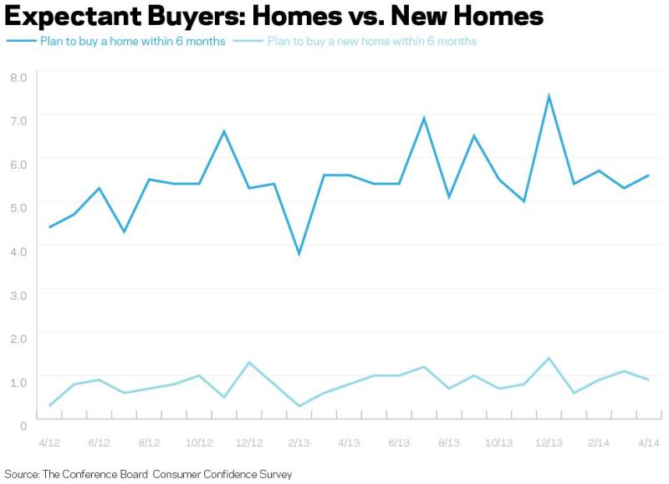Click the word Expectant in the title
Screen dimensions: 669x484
pos(73,17)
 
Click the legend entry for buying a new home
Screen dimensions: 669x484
pos(355,41)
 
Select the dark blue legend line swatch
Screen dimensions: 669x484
pos(21,41)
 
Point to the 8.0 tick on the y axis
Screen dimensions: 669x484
pos(18,78)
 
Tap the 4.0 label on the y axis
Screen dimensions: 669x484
pos(18,251)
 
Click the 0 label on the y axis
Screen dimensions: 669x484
pos(23,425)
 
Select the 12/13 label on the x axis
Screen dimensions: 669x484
pos(549,443)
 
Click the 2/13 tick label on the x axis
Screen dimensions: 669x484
pos(299,443)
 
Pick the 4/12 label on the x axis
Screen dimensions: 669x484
pos(49,443)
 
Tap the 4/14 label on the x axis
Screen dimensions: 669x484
pos(649,443)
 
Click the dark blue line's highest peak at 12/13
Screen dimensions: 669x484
pos(549,96)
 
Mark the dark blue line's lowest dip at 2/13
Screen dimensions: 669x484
pos(299,254)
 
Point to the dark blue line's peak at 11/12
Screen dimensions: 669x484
pos(224,131)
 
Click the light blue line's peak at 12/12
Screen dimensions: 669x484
pos(249,363)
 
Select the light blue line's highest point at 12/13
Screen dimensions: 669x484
pos(549,359)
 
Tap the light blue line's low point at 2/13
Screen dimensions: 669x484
pos(299,406)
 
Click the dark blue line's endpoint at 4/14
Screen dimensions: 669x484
pos(649,175)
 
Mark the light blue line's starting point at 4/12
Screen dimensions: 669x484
pos(50,405)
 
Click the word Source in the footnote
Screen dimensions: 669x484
pos(22,474)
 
